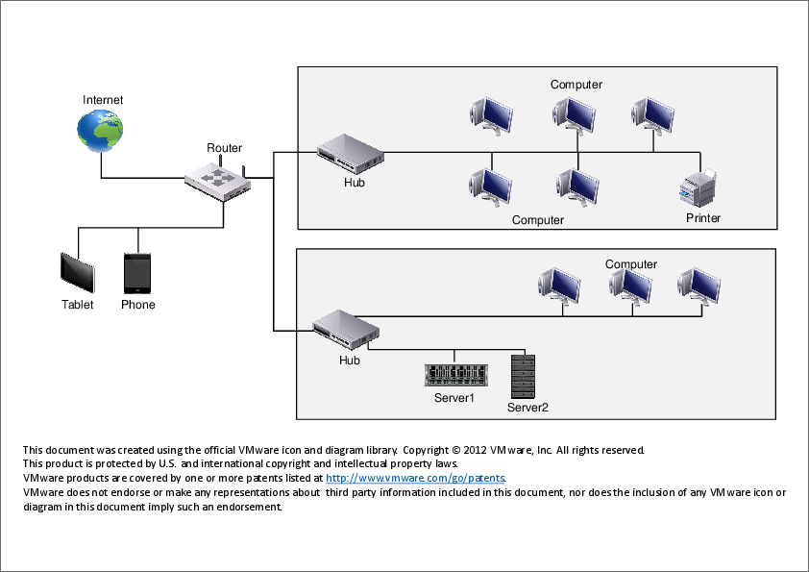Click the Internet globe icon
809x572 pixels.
pyautogui.click(x=102, y=130)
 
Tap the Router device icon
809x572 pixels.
pyautogui.click(x=217, y=179)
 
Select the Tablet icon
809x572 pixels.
pyautogui.click(x=78, y=274)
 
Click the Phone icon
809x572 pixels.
pyautogui.click(x=137, y=273)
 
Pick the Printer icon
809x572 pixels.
pyautogui.click(x=699, y=187)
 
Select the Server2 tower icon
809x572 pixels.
pyautogui.click(x=523, y=376)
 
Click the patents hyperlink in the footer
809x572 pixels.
pyautogui.click(x=416, y=478)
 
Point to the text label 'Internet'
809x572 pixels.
pyautogui.click(x=103, y=100)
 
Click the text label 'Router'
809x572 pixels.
pyautogui.click(x=225, y=148)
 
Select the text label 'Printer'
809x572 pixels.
pyautogui.click(x=703, y=218)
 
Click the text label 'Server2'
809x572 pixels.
pyautogui.click(x=527, y=408)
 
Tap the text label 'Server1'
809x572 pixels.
pyautogui.click(x=454, y=397)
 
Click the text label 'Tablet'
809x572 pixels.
pyautogui.click(x=78, y=305)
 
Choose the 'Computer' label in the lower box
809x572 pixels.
pyautogui.click(x=631, y=264)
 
